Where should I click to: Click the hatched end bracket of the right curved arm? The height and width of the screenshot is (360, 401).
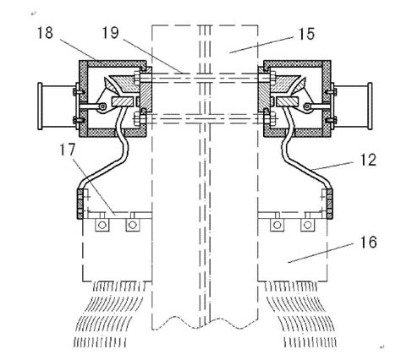pyautogui.click(x=326, y=204)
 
